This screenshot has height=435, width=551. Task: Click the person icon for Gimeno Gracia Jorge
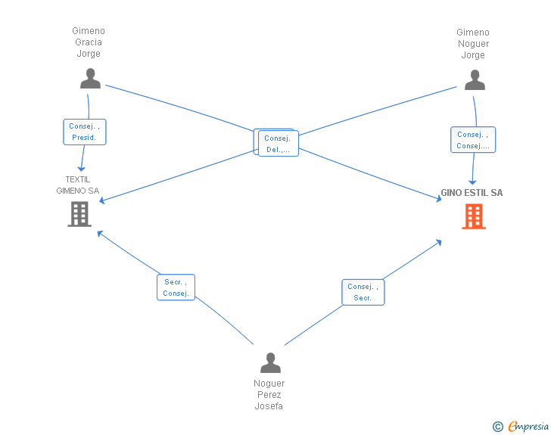tap(90, 79)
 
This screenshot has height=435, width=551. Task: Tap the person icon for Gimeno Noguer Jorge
tap(475, 79)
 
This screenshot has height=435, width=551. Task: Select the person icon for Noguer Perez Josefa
tap(271, 362)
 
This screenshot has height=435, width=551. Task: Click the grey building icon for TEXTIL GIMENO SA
tap(79, 214)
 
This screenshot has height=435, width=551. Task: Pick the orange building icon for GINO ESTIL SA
tap(474, 216)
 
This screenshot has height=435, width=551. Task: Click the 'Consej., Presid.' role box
tap(85, 132)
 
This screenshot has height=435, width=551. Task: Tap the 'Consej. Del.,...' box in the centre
tap(278, 143)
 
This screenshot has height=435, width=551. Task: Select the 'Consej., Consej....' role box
tap(473, 139)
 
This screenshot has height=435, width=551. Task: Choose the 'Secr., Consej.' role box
tap(176, 287)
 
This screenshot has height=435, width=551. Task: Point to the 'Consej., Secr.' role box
tap(363, 292)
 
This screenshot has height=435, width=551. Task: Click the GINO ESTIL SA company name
tap(472, 193)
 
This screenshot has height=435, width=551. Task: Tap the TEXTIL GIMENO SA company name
tap(78, 185)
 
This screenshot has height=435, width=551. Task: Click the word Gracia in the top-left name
tap(89, 42)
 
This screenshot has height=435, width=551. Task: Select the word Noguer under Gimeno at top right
tap(473, 44)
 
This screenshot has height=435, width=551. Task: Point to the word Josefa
tap(269, 405)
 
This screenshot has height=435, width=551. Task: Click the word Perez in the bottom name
tap(269, 395)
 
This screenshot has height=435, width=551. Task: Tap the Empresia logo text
tap(528, 427)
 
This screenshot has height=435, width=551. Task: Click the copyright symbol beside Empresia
tap(497, 427)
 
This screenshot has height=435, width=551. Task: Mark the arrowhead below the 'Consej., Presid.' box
tap(82, 169)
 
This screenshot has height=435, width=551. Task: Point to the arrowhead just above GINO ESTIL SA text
tap(472, 182)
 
